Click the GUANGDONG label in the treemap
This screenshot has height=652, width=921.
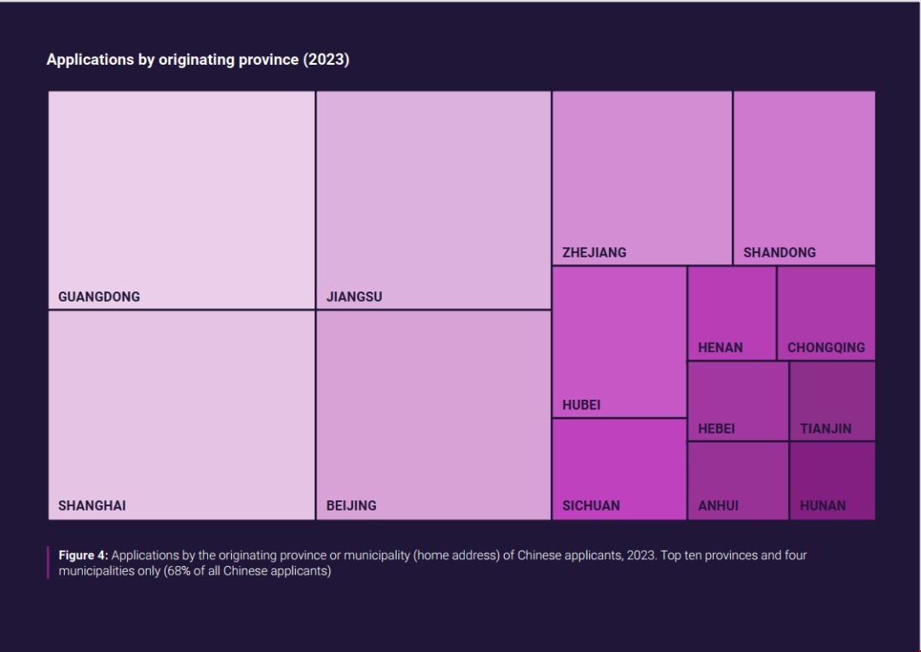99,297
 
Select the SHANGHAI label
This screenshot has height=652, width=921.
92,505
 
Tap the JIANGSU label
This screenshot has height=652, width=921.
354,297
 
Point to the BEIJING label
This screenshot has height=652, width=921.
351,505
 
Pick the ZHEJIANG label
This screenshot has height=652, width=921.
594,252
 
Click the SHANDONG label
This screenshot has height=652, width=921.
779,252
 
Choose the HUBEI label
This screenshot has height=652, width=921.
582,405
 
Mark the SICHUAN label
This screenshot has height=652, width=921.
591,505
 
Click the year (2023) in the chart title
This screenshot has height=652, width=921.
326,60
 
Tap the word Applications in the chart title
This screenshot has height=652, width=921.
90,60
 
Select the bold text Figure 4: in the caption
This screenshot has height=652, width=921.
84,555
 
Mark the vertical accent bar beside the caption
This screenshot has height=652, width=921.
48,563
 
